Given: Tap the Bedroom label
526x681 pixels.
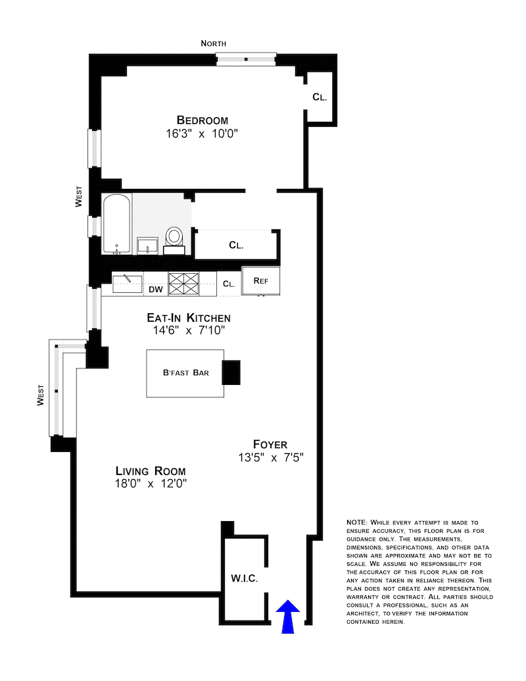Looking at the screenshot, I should (x=202, y=120).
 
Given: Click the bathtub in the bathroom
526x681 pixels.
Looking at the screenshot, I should (x=116, y=224).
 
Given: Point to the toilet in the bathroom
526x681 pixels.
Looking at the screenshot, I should (x=175, y=238).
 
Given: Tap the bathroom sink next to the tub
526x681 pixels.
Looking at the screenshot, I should (x=147, y=245).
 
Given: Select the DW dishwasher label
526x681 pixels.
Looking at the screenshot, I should (x=155, y=288).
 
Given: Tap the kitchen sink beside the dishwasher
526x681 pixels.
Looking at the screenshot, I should (x=127, y=284).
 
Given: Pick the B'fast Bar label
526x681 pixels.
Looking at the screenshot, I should (x=186, y=373).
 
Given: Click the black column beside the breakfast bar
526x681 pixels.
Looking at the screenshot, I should (x=231, y=372).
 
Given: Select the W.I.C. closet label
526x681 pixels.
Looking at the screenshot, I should (x=244, y=579).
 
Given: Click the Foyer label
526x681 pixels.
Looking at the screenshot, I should (x=270, y=444).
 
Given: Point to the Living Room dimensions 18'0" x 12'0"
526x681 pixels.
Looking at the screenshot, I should (x=151, y=484).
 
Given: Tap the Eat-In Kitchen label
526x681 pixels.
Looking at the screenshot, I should (x=188, y=318).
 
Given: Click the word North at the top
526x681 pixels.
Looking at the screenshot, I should (x=214, y=43).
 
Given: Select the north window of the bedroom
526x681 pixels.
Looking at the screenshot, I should (x=246, y=59).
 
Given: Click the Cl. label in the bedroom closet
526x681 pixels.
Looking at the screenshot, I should (x=320, y=97).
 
